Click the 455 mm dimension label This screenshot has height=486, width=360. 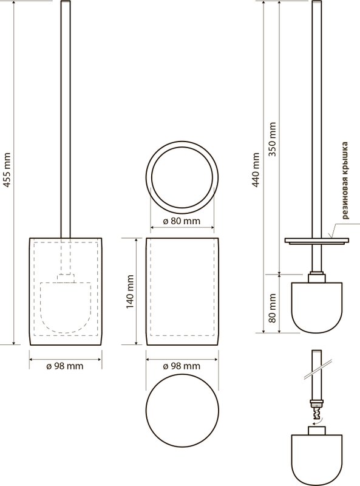tap(7, 170)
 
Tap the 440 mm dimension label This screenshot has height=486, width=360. tap(256, 169)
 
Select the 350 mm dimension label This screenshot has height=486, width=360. tap(273, 139)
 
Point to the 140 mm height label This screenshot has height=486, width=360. tap(130, 292)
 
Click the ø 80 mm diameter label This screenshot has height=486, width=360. tap(182, 221)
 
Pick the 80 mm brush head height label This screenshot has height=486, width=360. tap(273, 308)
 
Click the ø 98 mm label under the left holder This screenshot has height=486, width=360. tap(65, 366)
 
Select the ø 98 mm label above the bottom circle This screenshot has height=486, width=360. tap(182, 366)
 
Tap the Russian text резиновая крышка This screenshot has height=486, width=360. tap(345, 180)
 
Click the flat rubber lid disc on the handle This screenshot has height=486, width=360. tap(317, 241)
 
